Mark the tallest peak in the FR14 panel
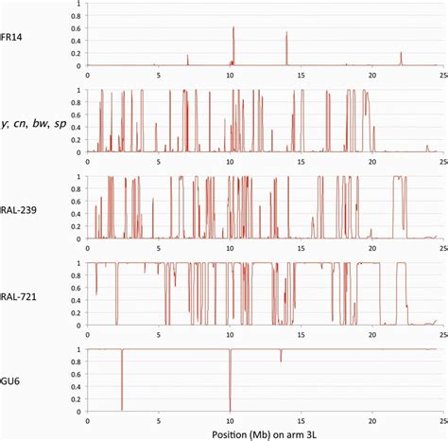tap(233, 28)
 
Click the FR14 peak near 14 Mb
tap(286, 34)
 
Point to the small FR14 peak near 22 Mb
tap(401, 54)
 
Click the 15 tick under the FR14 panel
tap(302, 75)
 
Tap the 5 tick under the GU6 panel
tap(159, 421)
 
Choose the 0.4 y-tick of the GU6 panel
tap(76, 386)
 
